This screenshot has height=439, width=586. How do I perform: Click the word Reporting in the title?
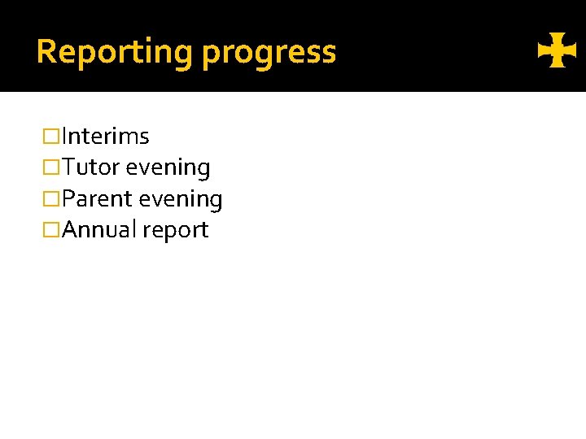pos(115,52)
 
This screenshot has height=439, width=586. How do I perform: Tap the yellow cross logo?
pos(557,54)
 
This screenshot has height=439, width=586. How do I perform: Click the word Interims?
pos(106,136)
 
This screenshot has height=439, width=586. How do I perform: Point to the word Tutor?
pos(91,167)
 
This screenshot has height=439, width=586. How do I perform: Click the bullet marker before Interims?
pos(52,137)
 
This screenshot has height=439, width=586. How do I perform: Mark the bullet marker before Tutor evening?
pos(52,168)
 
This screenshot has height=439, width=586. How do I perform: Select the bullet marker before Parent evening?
pos(52,199)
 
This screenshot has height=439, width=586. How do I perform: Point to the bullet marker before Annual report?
pos(52,231)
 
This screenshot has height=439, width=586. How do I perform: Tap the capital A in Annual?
pos(70,230)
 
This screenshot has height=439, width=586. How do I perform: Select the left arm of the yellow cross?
pos(544,54)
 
